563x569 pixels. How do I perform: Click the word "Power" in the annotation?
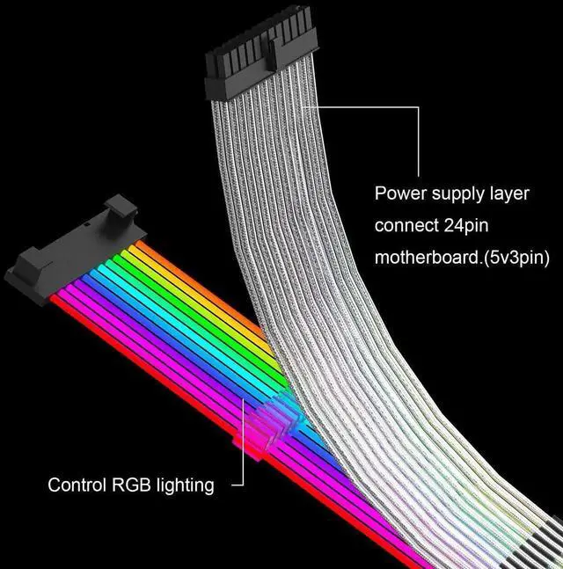point(398,193)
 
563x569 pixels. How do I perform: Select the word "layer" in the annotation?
point(509,193)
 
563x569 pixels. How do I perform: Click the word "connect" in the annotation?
point(406,225)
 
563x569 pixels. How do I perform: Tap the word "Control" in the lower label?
point(77,485)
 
